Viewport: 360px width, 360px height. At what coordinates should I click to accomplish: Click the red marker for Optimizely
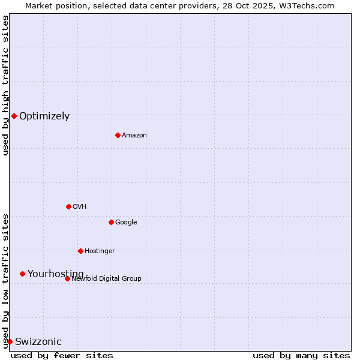pyautogui.click(x=14, y=116)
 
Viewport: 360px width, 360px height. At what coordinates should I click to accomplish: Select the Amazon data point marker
pyautogui.click(x=118, y=135)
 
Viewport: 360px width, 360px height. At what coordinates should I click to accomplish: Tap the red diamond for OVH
pyautogui.click(x=68, y=206)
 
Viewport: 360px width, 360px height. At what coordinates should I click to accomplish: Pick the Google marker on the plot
pyautogui.click(x=111, y=222)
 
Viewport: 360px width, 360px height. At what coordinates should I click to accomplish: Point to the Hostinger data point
pyautogui.click(x=80, y=251)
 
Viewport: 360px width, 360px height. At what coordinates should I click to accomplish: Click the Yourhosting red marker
pyautogui.click(x=22, y=274)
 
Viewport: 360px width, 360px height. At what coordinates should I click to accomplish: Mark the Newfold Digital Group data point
pyautogui.click(x=67, y=278)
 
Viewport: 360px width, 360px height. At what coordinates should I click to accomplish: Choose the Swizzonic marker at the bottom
pyautogui.click(x=10, y=341)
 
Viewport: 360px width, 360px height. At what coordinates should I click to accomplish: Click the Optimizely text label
pyautogui.click(x=44, y=116)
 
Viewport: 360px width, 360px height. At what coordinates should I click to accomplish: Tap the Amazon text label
pyautogui.click(x=134, y=136)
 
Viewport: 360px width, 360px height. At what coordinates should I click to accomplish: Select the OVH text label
pyautogui.click(x=79, y=207)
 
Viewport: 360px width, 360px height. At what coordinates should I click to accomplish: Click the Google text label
pyautogui.click(x=126, y=223)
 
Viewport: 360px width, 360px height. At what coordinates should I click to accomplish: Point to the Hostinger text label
pyautogui.click(x=100, y=251)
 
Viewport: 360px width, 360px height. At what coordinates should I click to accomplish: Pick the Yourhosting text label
pyautogui.click(x=55, y=274)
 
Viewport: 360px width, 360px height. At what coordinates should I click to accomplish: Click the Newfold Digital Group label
pyautogui.click(x=106, y=279)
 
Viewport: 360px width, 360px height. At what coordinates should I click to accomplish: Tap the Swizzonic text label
pyautogui.click(x=38, y=342)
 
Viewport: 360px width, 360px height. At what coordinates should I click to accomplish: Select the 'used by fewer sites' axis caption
pyautogui.click(x=62, y=355)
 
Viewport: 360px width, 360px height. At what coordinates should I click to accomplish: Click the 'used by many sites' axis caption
pyautogui.click(x=301, y=355)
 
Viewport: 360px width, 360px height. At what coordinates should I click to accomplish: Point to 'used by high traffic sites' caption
pyautogui.click(x=5, y=85)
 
